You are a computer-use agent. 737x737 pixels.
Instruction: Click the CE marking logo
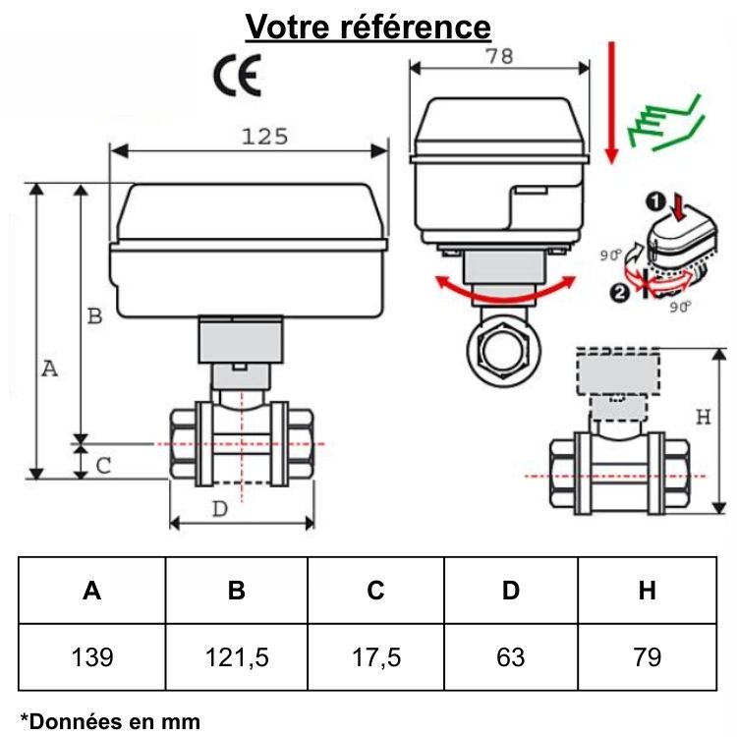coord(238,77)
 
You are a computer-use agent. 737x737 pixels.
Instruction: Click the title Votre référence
coord(368,26)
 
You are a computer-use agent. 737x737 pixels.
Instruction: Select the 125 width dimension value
coord(264,137)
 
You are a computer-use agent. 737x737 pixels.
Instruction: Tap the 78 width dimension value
coord(499,56)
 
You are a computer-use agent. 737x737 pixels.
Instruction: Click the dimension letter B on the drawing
coord(94,316)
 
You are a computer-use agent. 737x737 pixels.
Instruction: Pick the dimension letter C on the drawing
coord(102,465)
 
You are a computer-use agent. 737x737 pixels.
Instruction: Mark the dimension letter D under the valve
coord(220,508)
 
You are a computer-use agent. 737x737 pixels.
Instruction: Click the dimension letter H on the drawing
coord(703,417)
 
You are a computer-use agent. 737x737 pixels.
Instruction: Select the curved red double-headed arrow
coord(505,286)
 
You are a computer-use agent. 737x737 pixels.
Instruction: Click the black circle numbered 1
coord(655,201)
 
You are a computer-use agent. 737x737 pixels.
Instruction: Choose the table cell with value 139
coord(92,656)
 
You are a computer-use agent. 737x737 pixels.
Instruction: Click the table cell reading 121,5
coord(236,656)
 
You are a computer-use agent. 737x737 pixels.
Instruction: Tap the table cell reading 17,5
coord(375,656)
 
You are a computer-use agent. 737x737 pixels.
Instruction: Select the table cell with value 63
coord(511,656)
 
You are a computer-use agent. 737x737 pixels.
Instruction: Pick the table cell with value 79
coord(647,656)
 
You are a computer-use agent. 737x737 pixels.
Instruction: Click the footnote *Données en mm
coord(109,721)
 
